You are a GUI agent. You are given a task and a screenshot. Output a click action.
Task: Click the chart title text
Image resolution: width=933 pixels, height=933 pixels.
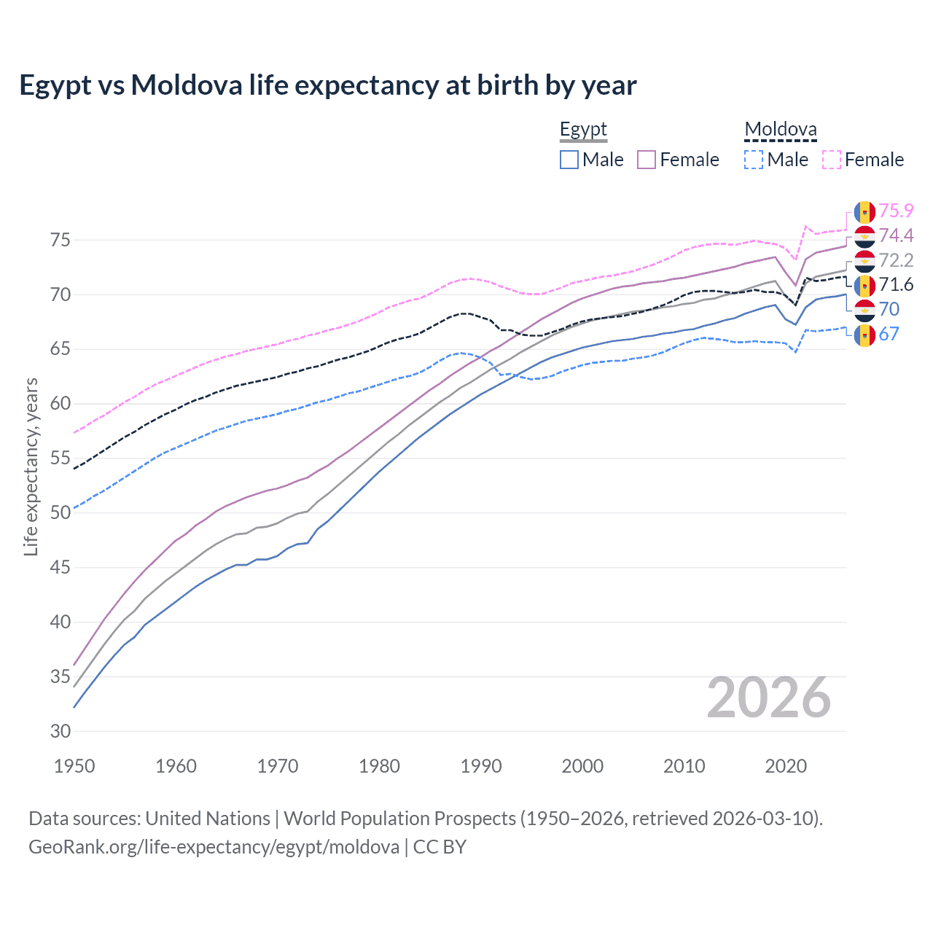[327, 85]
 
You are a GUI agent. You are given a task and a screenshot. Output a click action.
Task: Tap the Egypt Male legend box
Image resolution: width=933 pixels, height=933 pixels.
[569, 160]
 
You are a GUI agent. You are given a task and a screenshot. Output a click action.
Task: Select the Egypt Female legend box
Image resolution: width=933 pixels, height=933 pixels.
[647, 160]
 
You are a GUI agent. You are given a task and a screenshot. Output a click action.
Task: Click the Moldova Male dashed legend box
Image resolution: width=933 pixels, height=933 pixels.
[754, 160]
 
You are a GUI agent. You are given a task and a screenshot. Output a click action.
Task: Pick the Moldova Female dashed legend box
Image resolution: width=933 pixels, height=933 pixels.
[831, 160]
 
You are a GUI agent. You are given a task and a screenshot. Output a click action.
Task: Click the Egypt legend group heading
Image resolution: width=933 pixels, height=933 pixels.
[583, 130]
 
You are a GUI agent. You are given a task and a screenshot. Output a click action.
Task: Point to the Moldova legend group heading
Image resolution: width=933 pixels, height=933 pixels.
[780, 130]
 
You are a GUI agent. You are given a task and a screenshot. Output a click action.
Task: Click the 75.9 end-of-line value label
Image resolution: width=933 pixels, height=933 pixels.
[896, 211]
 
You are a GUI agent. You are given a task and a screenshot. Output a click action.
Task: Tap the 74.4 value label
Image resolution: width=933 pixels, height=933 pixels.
[896, 235]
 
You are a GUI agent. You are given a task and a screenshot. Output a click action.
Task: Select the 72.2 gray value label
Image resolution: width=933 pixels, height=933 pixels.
[896, 260]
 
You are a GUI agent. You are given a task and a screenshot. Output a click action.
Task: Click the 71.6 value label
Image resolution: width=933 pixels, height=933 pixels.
[896, 285]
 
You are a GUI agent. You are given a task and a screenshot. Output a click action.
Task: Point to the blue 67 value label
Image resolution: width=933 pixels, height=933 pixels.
[889, 334]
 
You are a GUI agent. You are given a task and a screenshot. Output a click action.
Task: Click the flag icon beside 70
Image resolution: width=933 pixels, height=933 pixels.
[864, 310]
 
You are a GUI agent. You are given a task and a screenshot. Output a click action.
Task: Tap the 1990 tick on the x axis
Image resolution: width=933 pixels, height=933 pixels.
[481, 766]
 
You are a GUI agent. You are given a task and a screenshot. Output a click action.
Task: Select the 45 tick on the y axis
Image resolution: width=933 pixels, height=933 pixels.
[60, 567]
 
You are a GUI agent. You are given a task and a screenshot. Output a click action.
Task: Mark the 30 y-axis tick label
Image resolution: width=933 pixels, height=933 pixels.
[60, 731]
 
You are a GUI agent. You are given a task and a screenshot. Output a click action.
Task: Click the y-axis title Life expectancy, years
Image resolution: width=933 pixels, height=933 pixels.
[31, 466]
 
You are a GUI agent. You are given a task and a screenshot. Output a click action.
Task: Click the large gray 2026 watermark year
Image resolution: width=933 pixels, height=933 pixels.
[769, 698]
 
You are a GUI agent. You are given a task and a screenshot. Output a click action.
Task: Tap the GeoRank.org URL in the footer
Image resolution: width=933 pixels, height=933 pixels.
[214, 847]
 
